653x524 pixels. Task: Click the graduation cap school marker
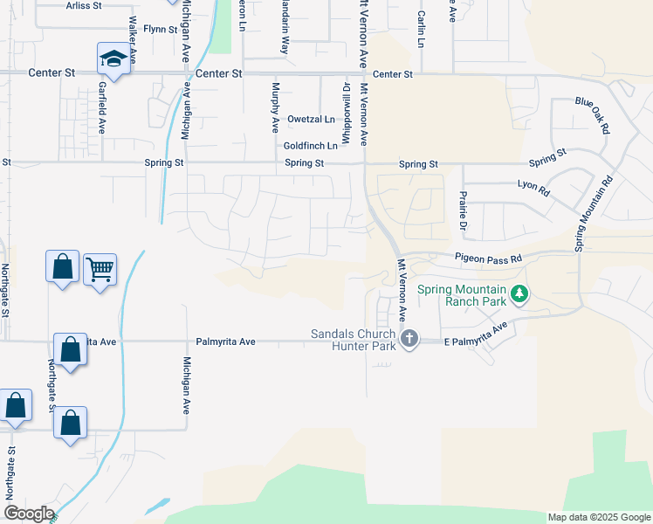pos(112,59)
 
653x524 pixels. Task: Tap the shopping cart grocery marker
pos(100,269)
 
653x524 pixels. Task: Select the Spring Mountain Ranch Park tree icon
pos(520,293)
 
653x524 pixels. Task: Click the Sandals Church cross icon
pos(409,338)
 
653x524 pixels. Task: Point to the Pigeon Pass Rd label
pos(488,259)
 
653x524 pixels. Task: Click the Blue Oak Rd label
pos(592,114)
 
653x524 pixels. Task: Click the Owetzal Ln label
pos(311,120)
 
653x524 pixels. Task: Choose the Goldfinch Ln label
pos(310,146)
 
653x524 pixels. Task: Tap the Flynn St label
pos(161,29)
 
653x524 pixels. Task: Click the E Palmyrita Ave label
pos(475,336)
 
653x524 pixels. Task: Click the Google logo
pos(28,514)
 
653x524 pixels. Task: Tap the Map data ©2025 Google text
pos(599,518)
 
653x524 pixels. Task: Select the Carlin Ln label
pos(420,31)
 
